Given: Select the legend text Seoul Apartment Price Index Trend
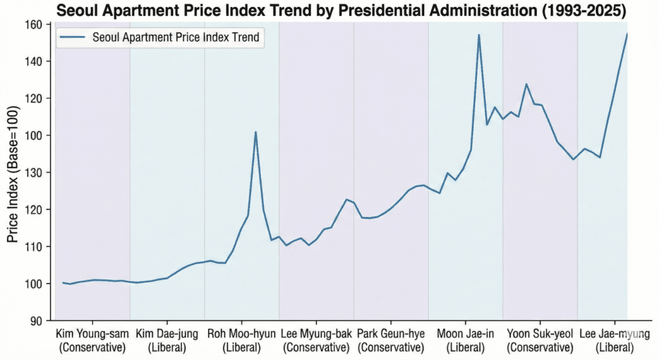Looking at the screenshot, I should tap(176, 37).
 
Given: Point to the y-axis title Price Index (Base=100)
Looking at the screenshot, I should tap(14, 174).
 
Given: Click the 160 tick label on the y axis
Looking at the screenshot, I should tap(33, 24).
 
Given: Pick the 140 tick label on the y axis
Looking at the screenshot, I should tap(33, 62).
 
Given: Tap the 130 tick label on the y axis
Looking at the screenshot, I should tap(33, 173).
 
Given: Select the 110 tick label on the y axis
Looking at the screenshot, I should tap(33, 247).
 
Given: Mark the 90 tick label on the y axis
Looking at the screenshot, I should tap(36, 321).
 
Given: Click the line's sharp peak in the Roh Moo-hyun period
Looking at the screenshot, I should tap(255, 132).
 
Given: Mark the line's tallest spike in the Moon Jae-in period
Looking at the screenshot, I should tap(479, 35).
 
